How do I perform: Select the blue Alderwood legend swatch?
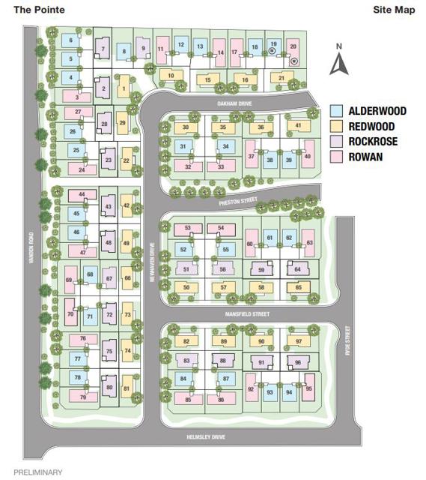coord(337,111)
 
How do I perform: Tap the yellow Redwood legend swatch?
coord(337,126)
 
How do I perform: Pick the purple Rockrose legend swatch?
coord(337,141)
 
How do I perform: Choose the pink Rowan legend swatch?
coord(337,156)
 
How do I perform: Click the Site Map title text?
coord(392,10)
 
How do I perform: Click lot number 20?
coord(293,46)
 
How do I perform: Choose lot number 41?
coord(298,125)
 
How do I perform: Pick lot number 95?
coord(309,388)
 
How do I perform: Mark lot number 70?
coord(70,315)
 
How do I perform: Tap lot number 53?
coord(189,227)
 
